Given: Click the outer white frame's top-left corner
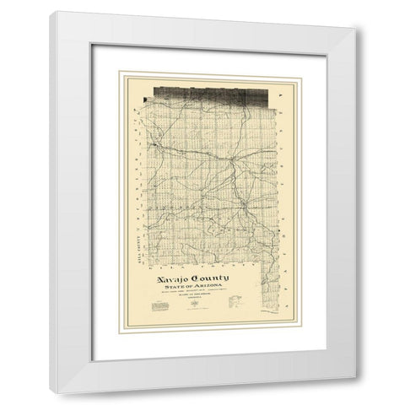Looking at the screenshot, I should [x=53, y=13].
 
